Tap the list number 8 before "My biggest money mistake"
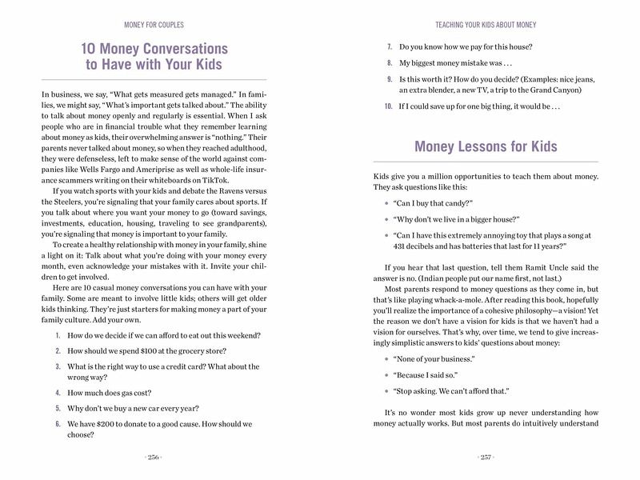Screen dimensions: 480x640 point(389,62)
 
